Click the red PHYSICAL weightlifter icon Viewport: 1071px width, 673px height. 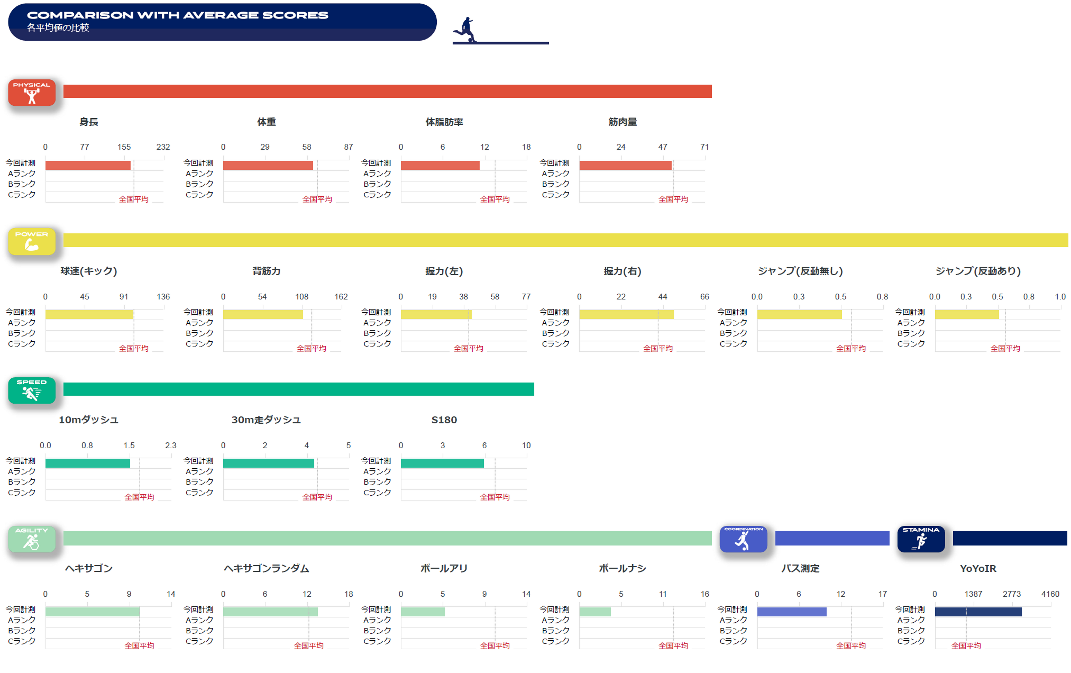32,93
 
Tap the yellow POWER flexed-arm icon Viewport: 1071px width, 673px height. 32,241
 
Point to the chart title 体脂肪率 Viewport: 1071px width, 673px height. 444,122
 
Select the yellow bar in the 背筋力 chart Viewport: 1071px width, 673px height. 263,315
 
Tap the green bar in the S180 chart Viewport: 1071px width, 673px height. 442,463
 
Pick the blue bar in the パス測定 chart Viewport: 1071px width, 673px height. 792,612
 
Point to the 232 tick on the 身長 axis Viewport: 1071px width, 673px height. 163,147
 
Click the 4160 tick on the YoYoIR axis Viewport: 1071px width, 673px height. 1050,594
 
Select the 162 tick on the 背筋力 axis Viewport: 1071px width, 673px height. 341,297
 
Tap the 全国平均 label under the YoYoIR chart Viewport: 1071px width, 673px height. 966,646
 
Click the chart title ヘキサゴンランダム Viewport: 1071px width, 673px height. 266,568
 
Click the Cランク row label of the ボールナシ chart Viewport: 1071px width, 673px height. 555,641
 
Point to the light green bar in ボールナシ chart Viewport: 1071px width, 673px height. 595,612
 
